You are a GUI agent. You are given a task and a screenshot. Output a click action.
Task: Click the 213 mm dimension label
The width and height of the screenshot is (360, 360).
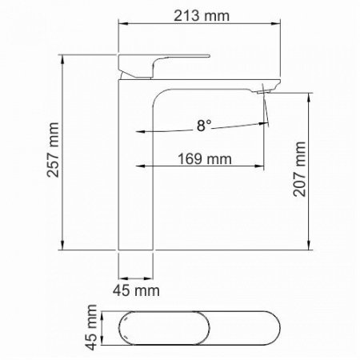[202, 16]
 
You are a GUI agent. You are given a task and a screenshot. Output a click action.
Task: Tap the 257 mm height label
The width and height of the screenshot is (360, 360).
[53, 150]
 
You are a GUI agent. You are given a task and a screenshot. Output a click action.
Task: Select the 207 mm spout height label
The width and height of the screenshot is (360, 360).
[299, 169]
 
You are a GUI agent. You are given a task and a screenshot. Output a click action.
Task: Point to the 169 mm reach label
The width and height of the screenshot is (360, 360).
[205, 159]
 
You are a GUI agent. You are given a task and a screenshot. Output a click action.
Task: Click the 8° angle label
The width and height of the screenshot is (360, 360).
[204, 126]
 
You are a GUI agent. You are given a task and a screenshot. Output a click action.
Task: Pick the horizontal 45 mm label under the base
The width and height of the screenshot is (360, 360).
[136, 290]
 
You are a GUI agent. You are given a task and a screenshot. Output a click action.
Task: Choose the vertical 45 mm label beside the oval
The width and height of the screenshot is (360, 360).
[90, 327]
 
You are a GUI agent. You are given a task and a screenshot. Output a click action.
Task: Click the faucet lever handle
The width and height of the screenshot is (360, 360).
[164, 66]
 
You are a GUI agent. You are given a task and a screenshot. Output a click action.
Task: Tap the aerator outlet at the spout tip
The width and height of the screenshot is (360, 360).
[264, 92]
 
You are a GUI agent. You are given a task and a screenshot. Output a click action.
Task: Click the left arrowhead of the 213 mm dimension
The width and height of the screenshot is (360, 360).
[122, 24]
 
